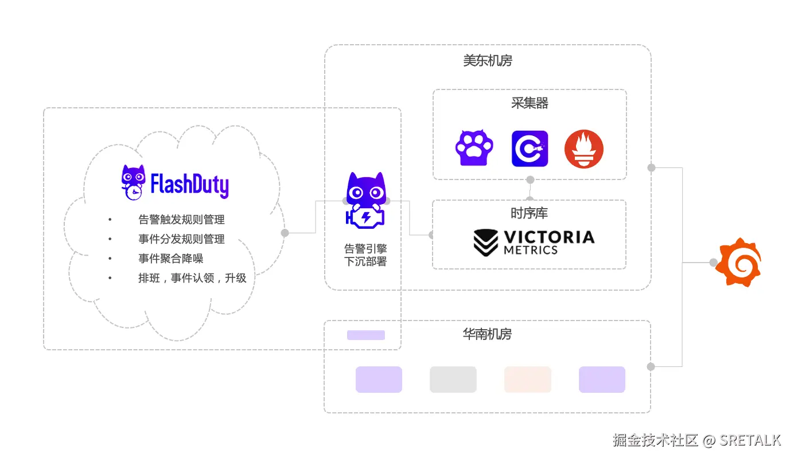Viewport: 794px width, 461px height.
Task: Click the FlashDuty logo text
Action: (x=189, y=185)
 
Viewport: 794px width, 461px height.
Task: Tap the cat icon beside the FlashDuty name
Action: (x=133, y=182)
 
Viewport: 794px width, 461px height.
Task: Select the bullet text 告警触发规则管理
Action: (x=181, y=220)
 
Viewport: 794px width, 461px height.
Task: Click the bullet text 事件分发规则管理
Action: (x=181, y=239)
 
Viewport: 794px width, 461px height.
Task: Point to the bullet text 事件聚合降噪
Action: (x=171, y=259)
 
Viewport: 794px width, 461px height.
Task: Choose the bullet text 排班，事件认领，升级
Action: (x=192, y=278)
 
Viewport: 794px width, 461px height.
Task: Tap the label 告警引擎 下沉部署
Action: (x=365, y=255)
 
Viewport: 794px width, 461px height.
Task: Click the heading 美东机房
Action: (x=488, y=61)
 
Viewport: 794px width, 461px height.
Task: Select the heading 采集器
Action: (x=530, y=103)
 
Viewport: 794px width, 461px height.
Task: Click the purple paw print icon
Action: (x=474, y=149)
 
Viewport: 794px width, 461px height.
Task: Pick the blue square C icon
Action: (x=530, y=149)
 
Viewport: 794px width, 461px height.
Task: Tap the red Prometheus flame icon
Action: (x=583, y=149)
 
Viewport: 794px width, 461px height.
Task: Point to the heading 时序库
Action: (x=529, y=213)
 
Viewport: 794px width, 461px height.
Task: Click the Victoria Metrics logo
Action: (x=534, y=243)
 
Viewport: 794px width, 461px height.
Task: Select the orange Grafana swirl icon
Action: (x=741, y=262)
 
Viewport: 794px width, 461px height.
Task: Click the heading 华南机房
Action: (x=487, y=334)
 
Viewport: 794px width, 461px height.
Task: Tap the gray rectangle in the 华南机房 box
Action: (x=453, y=380)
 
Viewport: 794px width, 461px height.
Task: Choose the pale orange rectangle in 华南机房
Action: (x=527, y=380)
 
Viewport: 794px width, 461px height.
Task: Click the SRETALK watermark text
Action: (x=750, y=440)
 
